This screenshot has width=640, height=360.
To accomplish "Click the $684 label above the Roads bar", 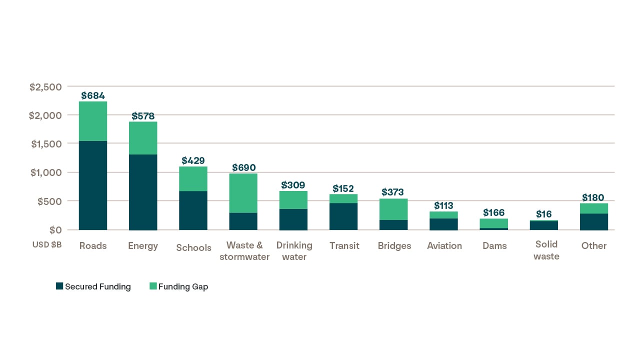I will (93, 95).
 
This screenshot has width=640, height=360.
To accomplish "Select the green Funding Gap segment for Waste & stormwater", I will (243, 193).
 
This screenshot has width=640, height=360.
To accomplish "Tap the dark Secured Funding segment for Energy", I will (143, 192).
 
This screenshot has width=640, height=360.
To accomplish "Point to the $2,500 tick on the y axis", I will (45, 87).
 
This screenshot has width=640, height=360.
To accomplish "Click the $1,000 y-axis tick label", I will (45, 172).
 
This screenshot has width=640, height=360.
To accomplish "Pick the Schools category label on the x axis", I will (193, 247).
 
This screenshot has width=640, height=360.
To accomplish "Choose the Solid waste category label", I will (546, 250).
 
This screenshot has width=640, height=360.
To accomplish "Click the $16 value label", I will (544, 214).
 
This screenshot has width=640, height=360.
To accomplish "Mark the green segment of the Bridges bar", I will (394, 209).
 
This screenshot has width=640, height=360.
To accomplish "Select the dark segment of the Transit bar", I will (343, 216).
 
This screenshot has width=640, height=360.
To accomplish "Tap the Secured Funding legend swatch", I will (59, 286).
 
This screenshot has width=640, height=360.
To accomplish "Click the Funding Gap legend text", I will (183, 286).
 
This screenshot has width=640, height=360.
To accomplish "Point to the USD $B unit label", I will (46, 245).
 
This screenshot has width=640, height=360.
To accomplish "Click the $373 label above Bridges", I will (392, 192).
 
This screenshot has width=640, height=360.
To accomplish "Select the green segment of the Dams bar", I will (494, 223).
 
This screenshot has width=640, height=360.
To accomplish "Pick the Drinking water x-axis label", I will (294, 251).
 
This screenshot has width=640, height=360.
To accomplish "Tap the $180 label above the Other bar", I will (593, 197).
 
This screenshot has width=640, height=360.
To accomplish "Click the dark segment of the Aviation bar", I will (444, 224).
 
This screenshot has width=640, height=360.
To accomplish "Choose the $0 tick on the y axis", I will (55, 230).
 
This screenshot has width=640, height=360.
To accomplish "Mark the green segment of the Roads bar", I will (93, 121).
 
